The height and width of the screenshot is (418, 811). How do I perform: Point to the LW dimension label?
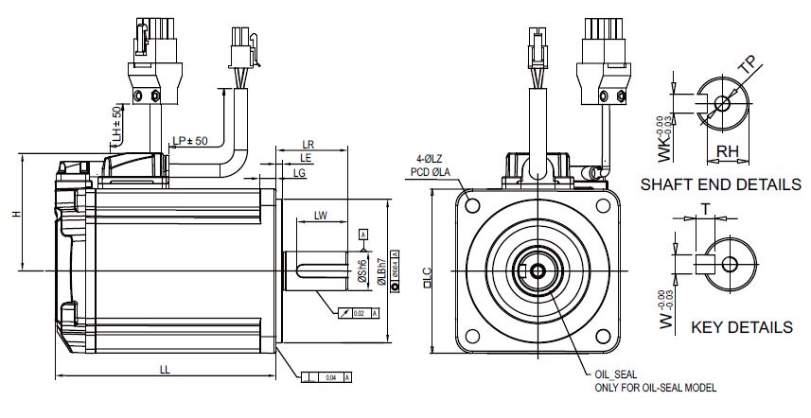(320, 217)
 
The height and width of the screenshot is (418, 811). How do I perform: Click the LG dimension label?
(300, 174)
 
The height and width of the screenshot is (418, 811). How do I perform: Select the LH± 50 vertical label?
(116, 126)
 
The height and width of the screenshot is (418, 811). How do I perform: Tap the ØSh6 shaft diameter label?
(362, 270)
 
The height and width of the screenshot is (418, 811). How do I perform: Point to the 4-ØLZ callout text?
(432, 159)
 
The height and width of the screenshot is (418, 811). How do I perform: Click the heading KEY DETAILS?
(741, 327)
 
